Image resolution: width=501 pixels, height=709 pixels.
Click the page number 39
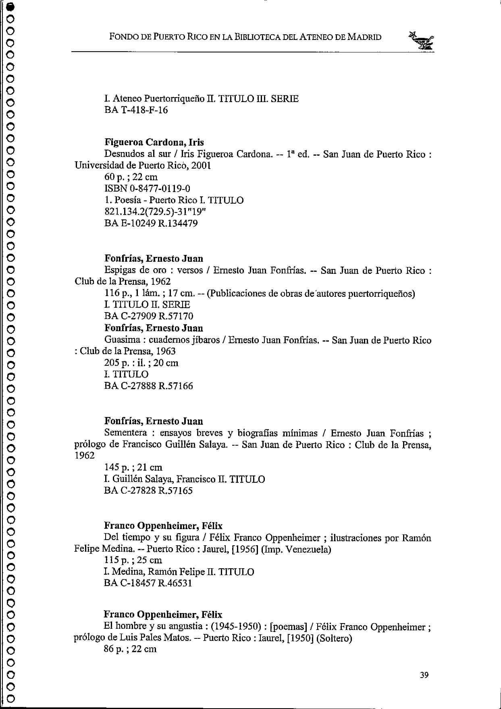click(424, 675)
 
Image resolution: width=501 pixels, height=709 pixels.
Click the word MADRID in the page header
click(364, 38)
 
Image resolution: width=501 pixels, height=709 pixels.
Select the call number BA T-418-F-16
click(136, 110)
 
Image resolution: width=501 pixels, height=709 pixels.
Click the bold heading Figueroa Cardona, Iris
click(154, 142)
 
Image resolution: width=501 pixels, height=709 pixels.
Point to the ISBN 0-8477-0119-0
click(147, 188)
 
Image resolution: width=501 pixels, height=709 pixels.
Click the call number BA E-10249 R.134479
click(151, 223)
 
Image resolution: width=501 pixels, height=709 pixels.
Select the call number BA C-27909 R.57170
click(148, 316)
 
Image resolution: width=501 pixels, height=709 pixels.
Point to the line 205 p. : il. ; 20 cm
click(141, 363)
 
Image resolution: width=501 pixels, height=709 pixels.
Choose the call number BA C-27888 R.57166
click(148, 386)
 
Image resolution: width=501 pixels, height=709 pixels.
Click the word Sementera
click(125, 433)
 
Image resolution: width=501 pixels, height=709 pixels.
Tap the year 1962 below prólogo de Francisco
click(84, 456)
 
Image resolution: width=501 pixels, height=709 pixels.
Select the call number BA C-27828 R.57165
click(148, 491)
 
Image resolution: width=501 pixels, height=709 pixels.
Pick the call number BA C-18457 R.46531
click(148, 583)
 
